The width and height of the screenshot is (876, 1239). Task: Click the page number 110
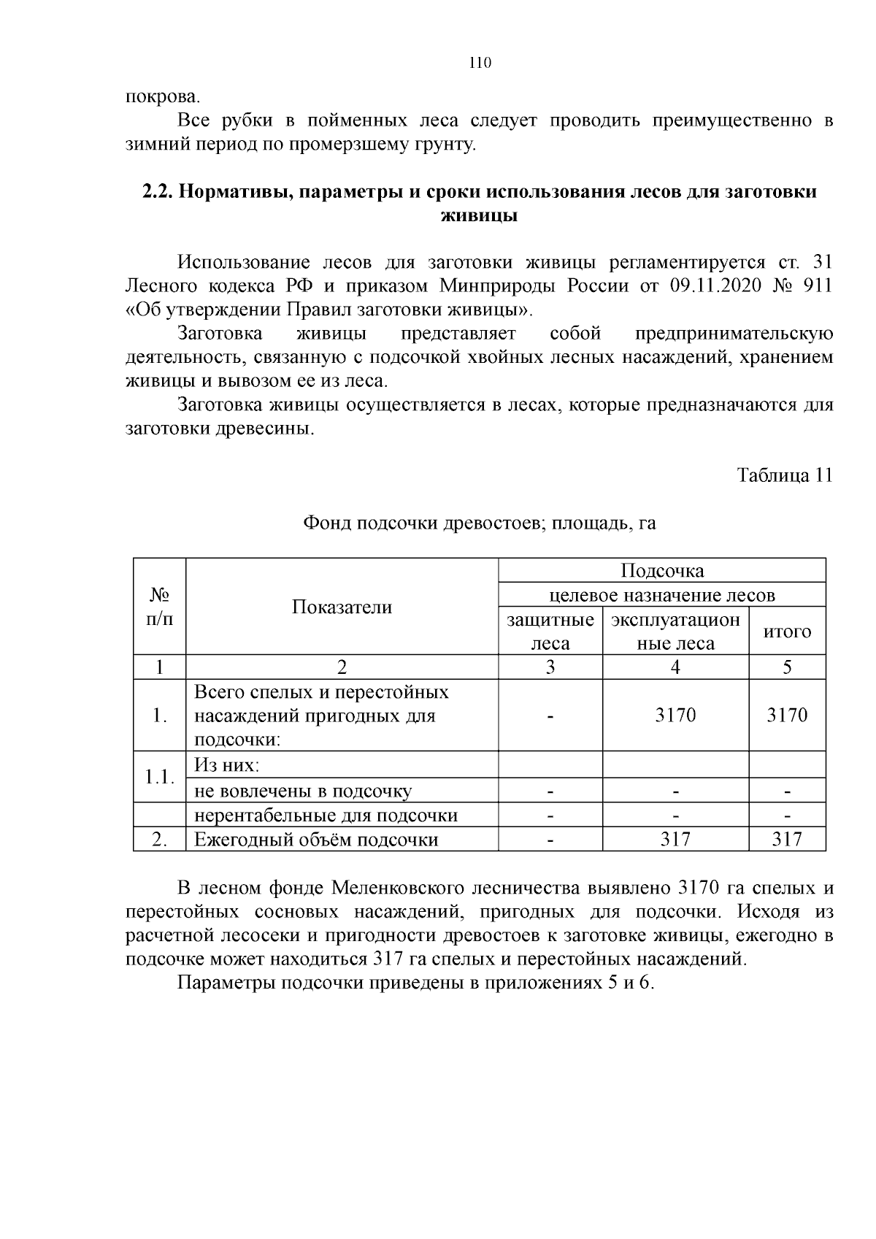tap(480, 63)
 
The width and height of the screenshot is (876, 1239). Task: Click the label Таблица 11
tap(784, 475)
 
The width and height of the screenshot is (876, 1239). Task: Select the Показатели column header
tap(342, 607)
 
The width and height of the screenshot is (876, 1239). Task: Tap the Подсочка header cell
tap(661, 570)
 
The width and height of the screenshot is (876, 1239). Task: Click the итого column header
tap(787, 632)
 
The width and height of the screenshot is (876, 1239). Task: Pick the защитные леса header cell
tap(550, 632)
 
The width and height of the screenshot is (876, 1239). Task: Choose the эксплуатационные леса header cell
tap(675, 632)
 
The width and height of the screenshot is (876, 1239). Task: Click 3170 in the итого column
tap(787, 715)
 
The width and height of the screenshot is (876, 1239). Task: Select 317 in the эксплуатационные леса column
tap(675, 840)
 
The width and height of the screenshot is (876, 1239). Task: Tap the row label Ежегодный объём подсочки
tap(316, 840)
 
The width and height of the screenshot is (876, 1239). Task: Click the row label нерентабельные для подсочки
tap(326, 815)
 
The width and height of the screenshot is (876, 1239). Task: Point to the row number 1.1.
tap(159, 777)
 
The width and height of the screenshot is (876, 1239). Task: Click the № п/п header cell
tap(159, 607)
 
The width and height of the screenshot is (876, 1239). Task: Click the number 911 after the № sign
tap(816, 285)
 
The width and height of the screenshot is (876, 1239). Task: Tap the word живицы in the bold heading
tap(480, 216)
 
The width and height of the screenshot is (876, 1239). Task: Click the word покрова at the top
tap(161, 96)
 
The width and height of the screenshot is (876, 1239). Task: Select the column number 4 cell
tap(675, 667)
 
